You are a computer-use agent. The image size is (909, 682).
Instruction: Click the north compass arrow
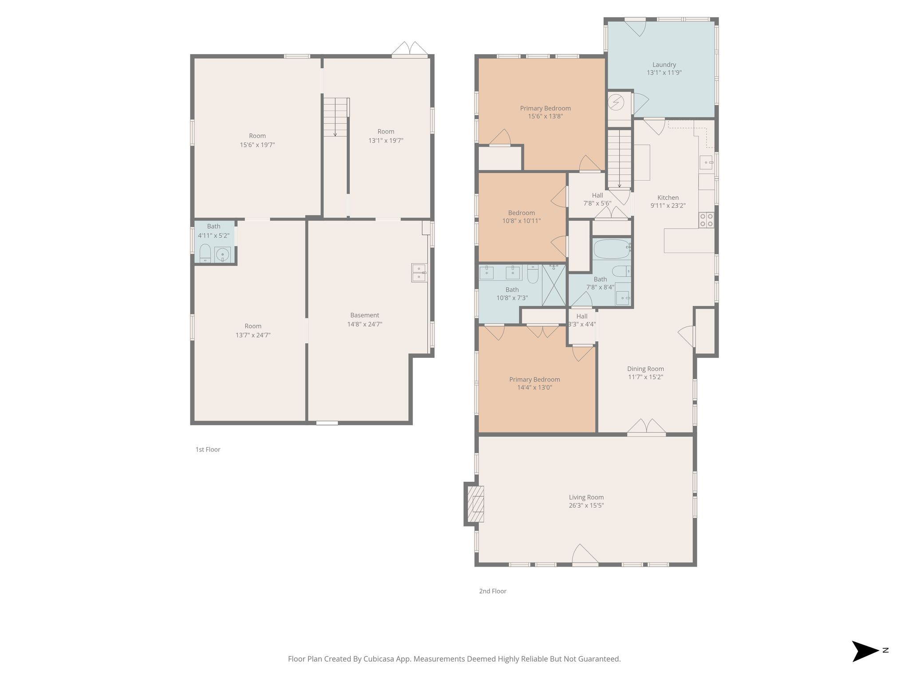click(x=865, y=651)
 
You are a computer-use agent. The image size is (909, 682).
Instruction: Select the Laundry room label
click(x=664, y=64)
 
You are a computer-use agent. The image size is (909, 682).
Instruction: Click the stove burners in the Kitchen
click(x=706, y=220)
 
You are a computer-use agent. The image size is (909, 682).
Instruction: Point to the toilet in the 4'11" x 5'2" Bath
click(x=205, y=253)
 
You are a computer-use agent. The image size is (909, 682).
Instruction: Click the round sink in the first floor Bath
click(x=222, y=255)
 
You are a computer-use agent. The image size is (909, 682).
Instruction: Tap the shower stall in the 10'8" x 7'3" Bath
click(x=553, y=285)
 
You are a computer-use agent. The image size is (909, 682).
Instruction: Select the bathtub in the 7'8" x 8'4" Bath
click(x=612, y=249)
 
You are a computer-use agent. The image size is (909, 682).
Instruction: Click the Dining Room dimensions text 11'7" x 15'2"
click(x=645, y=377)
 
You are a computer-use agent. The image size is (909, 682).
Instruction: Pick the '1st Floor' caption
click(x=208, y=449)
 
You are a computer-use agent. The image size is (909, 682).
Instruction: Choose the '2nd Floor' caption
click(x=493, y=591)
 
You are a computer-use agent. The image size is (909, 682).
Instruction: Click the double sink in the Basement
click(x=419, y=273)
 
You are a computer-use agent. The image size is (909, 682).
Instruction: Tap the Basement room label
click(x=364, y=315)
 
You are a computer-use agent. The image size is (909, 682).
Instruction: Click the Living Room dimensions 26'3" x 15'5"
click(x=586, y=505)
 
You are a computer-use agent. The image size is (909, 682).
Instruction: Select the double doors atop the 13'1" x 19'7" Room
click(x=410, y=49)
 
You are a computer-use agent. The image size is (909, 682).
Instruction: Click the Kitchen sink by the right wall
click(x=706, y=163)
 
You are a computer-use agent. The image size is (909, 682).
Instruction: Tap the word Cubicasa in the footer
click(x=380, y=659)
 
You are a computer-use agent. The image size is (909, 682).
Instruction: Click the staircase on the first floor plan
click(x=336, y=117)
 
